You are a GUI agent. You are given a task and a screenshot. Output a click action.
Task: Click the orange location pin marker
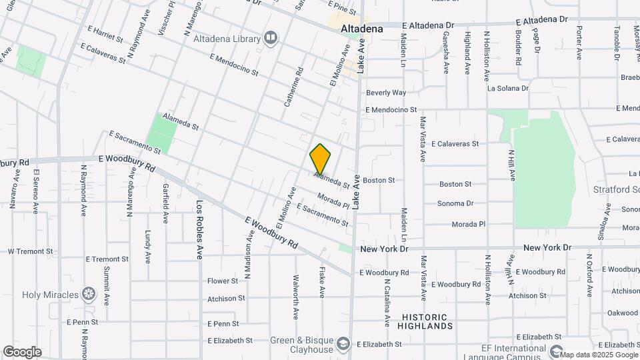(x=320, y=159)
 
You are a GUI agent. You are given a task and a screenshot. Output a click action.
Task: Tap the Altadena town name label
(x=362, y=29)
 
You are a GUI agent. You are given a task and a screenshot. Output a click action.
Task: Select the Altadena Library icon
(x=270, y=37)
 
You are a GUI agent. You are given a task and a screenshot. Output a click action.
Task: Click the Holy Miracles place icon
(x=88, y=294)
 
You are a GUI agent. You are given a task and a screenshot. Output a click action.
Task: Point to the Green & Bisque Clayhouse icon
(x=343, y=344)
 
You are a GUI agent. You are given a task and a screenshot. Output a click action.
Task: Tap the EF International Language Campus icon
(x=557, y=349)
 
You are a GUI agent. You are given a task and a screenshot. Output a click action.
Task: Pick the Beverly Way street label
(x=386, y=93)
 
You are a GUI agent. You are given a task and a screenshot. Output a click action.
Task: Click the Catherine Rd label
(x=293, y=87)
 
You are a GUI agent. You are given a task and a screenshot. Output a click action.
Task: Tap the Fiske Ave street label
(x=322, y=283)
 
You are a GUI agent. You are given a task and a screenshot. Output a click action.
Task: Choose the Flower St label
(x=223, y=281)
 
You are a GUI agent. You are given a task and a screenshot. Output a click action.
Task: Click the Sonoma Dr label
(x=455, y=203)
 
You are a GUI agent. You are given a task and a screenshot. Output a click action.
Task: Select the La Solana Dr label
(x=508, y=87)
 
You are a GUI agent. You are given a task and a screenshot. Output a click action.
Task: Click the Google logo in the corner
(x=22, y=351)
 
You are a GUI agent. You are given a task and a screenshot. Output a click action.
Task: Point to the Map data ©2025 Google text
(x=598, y=355)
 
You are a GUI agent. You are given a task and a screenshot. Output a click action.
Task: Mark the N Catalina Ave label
(x=387, y=301)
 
